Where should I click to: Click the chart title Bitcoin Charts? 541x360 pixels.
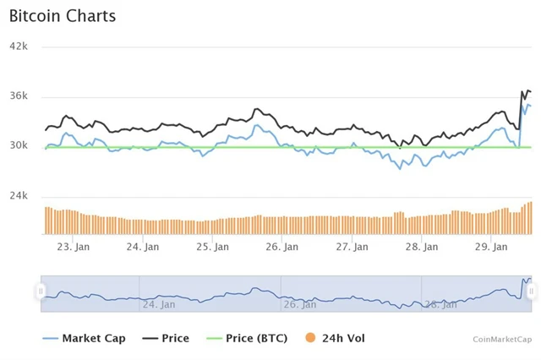(x=63, y=16)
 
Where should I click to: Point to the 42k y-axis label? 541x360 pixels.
(x=19, y=46)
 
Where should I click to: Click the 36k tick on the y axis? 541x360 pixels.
(x=19, y=95)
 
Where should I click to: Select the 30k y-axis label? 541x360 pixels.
(x=19, y=145)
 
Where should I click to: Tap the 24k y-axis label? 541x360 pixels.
(x=19, y=196)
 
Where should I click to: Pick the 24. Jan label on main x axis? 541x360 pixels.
(x=143, y=247)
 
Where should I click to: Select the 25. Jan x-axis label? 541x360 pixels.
(x=213, y=247)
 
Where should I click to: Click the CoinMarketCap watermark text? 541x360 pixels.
(x=502, y=339)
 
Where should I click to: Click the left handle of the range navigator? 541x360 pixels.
(x=41, y=292)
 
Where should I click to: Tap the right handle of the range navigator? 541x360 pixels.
(x=532, y=292)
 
